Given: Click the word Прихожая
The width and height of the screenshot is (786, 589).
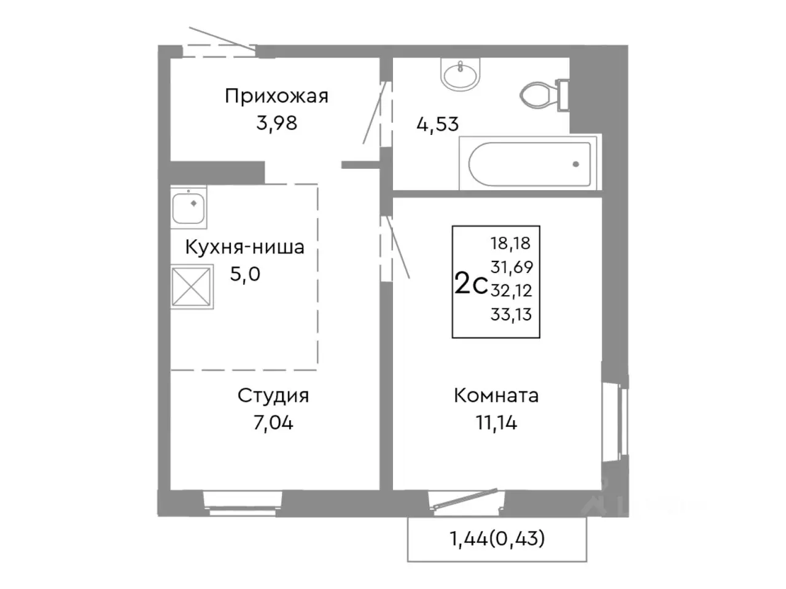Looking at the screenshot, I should pos(276,96).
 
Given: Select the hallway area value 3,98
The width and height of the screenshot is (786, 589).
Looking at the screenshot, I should pos(276,123).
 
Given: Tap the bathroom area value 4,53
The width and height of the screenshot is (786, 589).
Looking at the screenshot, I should pos(437,124).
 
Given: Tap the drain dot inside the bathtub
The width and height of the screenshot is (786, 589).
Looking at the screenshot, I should pos(575,164).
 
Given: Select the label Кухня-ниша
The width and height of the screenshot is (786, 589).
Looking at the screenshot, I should pos(244,247).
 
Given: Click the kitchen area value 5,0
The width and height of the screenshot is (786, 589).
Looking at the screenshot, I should pos(245,274).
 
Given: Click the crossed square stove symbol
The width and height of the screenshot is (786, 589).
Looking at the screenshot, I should pos(192,287).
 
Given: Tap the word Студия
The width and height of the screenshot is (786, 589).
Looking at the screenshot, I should pos(273,396).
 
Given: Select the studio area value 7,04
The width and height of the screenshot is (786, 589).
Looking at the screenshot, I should pos(273,423).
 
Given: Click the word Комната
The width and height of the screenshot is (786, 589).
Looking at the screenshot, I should pos(496,396).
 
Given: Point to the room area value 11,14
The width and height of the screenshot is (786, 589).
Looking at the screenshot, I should pos(496,423).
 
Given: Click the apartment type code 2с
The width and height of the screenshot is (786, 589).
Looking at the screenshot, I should pos(470,284).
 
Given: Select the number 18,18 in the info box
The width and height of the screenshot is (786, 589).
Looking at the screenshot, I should pos(510,243).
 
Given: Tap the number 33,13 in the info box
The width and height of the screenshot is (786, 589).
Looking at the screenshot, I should pos(511,315).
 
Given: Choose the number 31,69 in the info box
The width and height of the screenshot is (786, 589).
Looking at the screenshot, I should pos(512,267).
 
